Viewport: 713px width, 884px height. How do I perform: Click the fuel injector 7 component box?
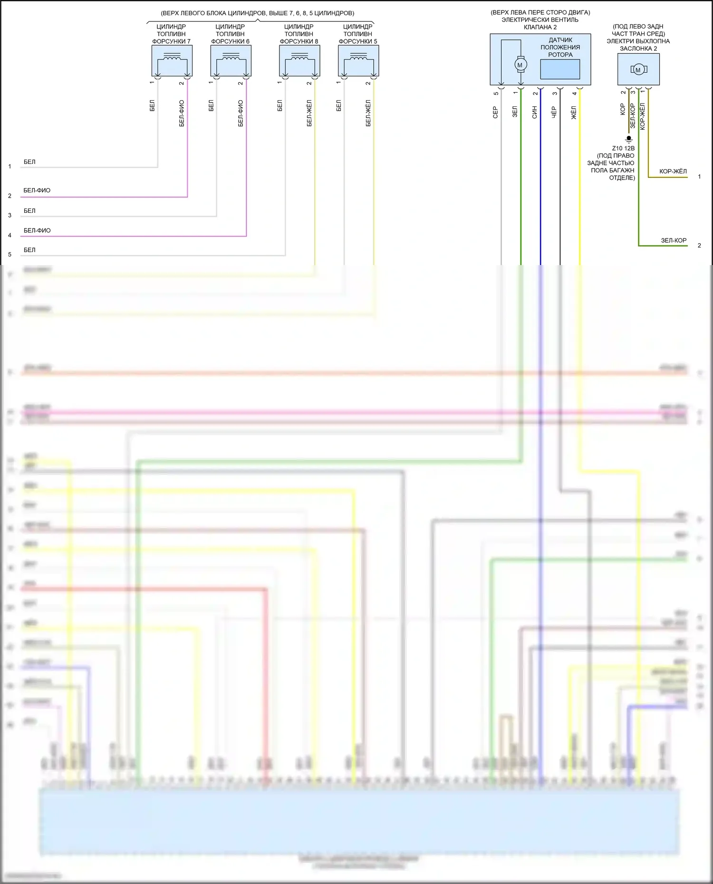(x=172, y=61)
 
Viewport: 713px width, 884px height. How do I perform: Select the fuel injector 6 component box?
(x=231, y=61)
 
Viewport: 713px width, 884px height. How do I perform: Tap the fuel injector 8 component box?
(x=299, y=61)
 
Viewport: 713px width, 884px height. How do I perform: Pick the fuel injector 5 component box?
(x=358, y=61)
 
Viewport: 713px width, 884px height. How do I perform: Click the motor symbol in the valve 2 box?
(x=520, y=65)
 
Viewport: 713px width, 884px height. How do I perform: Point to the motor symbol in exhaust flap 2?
(x=638, y=70)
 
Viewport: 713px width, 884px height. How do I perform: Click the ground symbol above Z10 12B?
(x=629, y=139)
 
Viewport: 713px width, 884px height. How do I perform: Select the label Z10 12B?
(x=623, y=148)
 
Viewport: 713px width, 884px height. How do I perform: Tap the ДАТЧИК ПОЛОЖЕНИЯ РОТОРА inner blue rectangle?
(x=560, y=69)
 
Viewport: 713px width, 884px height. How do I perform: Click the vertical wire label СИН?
(x=535, y=112)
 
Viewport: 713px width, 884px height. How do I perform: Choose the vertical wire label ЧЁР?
(x=554, y=112)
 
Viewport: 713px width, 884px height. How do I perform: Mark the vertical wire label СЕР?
(x=495, y=112)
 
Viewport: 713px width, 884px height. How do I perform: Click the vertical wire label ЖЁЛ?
(x=574, y=113)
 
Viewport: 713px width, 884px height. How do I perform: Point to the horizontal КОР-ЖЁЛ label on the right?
(x=673, y=171)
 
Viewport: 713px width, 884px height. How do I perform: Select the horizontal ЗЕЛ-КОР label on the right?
(x=674, y=240)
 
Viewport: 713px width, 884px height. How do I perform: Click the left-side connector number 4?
(x=10, y=235)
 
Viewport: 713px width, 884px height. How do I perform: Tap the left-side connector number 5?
(x=10, y=255)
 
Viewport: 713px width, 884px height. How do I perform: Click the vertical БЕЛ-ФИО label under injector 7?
(x=182, y=113)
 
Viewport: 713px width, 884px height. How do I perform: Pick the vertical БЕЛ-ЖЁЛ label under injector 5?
(x=368, y=113)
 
